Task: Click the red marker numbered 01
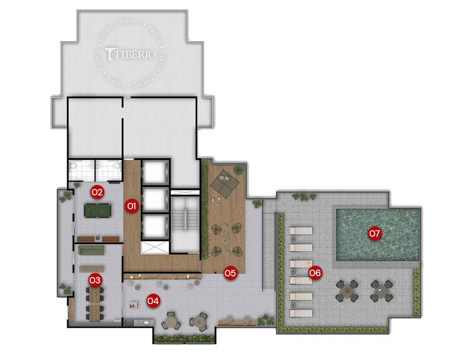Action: [x=131, y=206]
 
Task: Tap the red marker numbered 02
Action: [x=97, y=192]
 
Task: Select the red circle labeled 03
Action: [x=95, y=280]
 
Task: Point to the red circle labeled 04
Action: [x=152, y=300]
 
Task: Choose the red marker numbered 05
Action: [x=230, y=273]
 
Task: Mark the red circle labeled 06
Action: [x=315, y=272]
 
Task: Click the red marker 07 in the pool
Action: [x=375, y=233]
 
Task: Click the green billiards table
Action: [x=97, y=210]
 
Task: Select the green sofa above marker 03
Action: [x=91, y=251]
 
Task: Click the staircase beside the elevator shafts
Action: [x=184, y=218]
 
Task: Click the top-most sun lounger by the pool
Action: [x=300, y=231]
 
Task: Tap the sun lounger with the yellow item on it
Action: [x=300, y=263]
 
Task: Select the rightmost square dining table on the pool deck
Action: [x=382, y=291]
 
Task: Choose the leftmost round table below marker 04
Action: [x=171, y=322]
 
